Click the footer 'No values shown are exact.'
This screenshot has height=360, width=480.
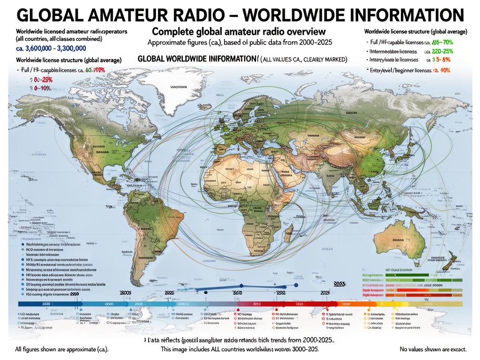click(x=433, y=349)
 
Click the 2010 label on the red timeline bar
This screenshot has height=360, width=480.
click(x=256, y=304)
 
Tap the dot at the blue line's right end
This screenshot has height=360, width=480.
click(x=296, y=284)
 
